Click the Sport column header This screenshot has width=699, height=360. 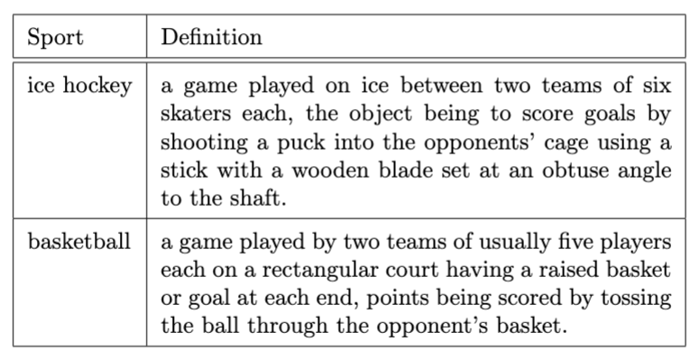click(55, 38)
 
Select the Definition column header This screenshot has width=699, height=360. click(211, 38)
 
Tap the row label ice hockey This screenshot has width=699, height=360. click(79, 88)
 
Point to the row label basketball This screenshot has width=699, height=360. click(79, 243)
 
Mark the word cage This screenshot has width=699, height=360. click(575, 144)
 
